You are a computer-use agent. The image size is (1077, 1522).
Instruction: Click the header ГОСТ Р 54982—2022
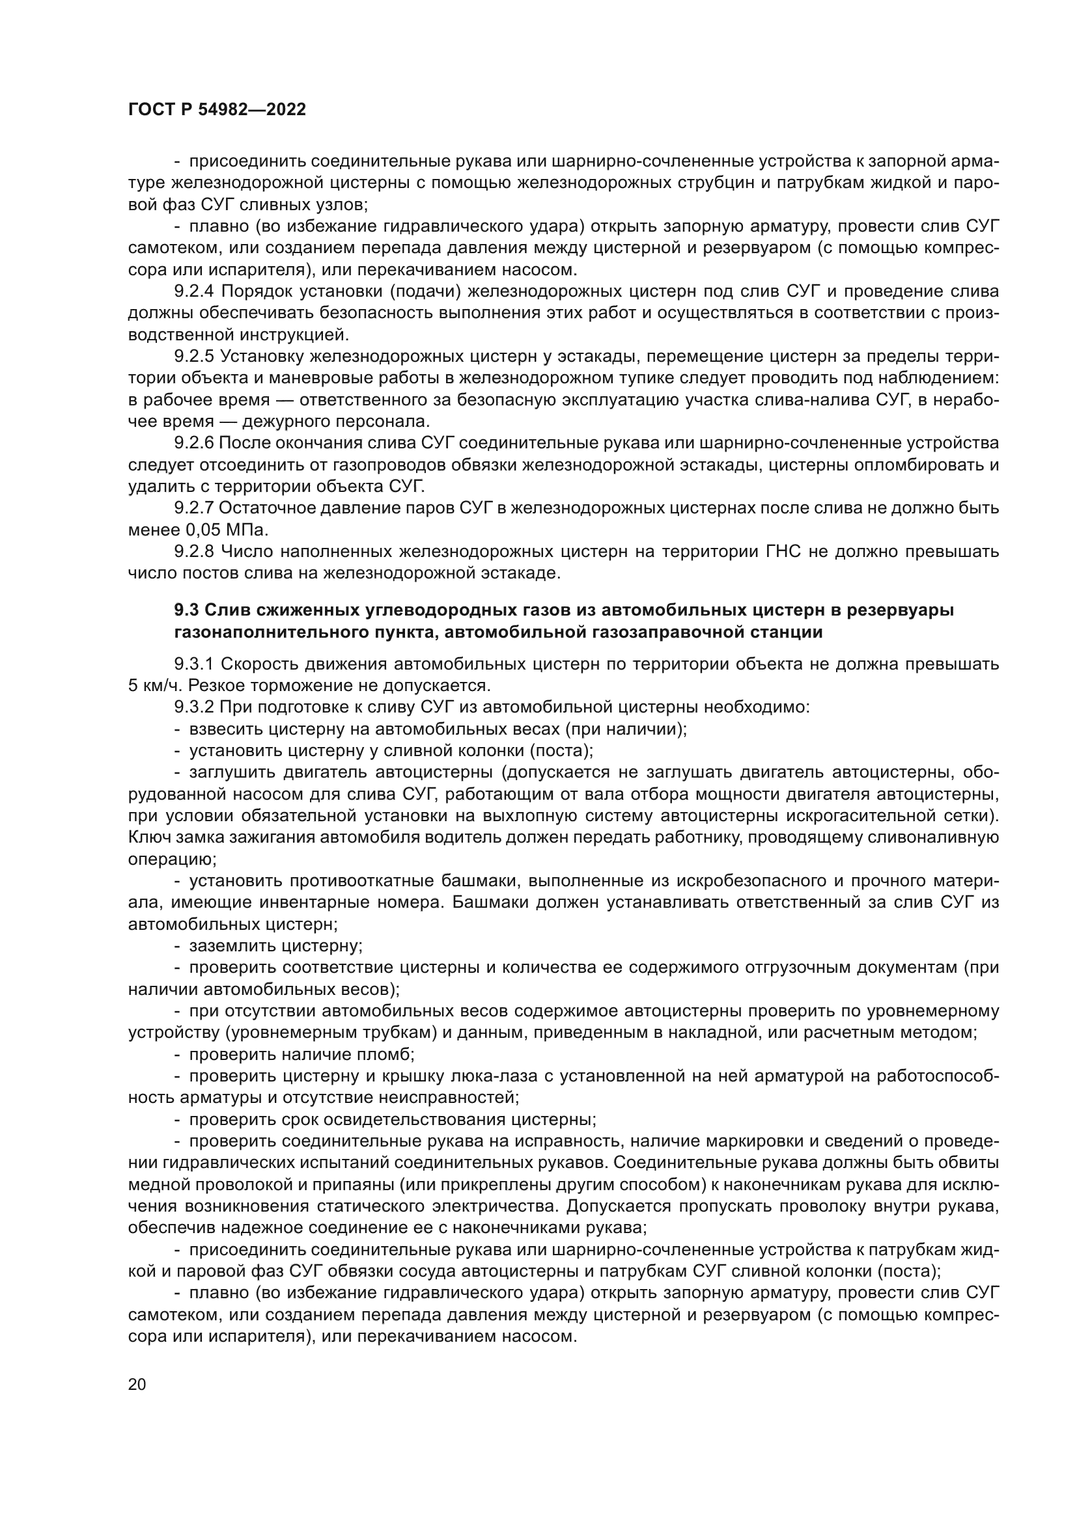217,110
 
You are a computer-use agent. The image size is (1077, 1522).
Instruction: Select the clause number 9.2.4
195,291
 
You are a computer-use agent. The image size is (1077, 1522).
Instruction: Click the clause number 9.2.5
195,356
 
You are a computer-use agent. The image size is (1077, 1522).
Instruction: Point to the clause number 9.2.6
194,443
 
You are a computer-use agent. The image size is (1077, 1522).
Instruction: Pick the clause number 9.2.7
194,508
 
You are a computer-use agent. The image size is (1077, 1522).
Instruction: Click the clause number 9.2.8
195,552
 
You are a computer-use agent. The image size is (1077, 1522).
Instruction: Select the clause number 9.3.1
195,664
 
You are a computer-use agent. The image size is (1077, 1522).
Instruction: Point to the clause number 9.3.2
195,707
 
